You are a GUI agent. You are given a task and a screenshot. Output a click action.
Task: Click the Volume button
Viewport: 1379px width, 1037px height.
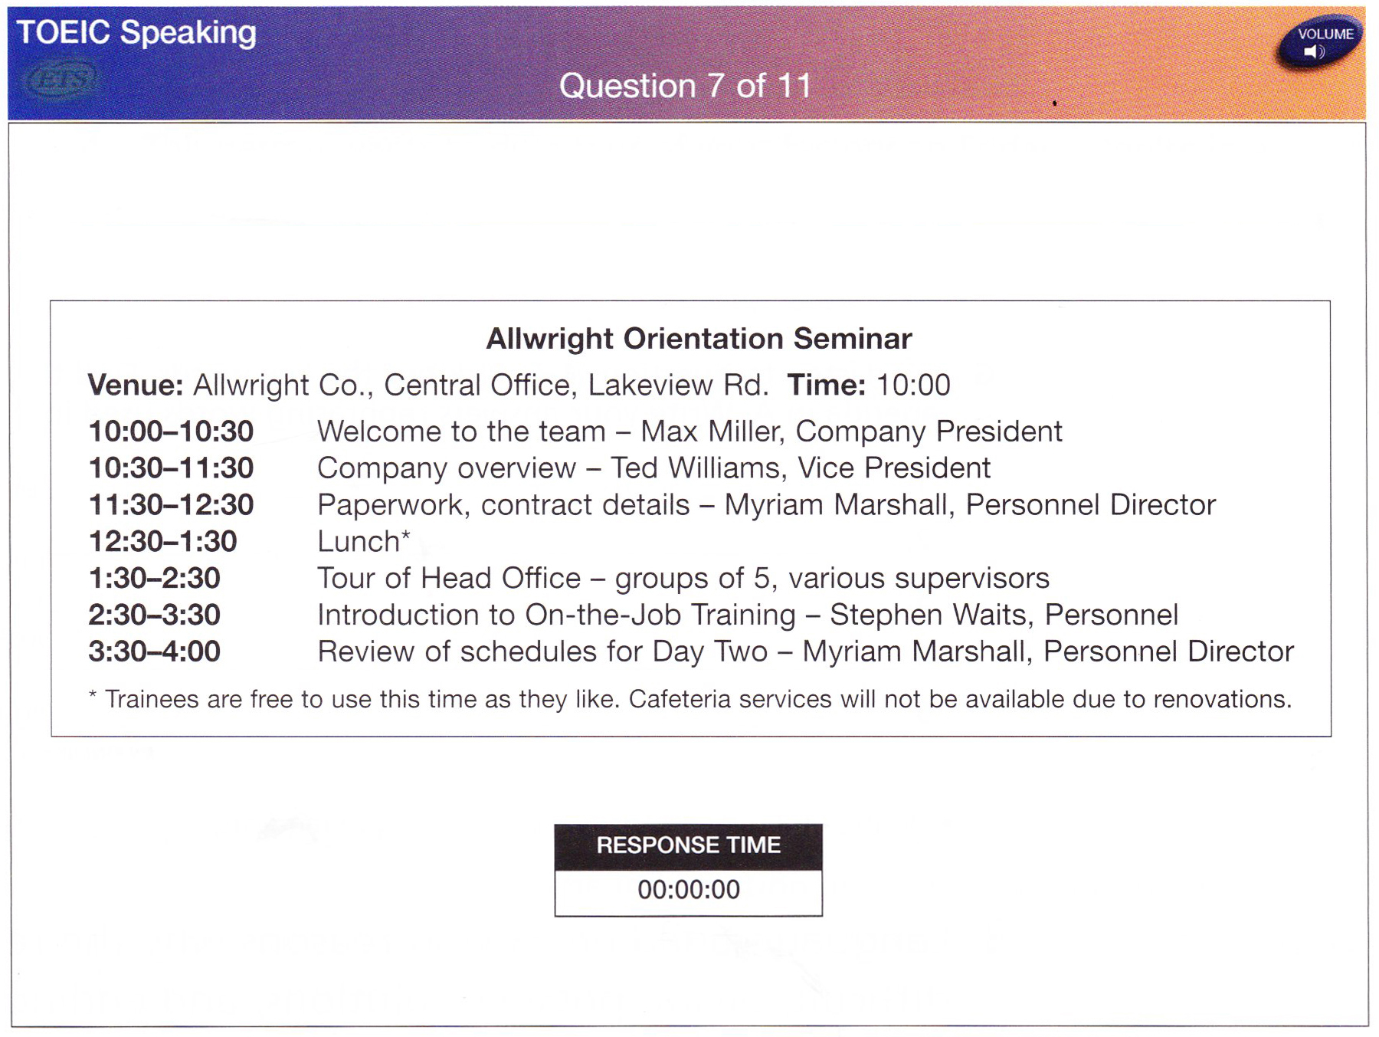tap(1319, 41)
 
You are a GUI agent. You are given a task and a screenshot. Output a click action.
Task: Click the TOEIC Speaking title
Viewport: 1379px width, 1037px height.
tap(136, 33)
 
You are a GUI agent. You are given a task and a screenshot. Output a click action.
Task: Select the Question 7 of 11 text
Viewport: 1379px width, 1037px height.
tap(685, 86)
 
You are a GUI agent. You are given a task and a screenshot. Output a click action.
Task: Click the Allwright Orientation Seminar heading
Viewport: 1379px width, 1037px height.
tap(699, 338)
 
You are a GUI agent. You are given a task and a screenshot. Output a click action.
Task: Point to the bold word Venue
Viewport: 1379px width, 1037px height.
tap(136, 385)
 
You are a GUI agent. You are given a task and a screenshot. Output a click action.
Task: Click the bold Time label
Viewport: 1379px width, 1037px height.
tap(826, 385)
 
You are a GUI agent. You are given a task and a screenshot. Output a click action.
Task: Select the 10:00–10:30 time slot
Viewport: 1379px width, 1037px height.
tap(171, 432)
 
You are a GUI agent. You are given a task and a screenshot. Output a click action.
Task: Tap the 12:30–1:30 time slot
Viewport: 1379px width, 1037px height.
tap(163, 542)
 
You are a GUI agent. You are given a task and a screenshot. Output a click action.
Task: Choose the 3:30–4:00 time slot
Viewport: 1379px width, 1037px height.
tap(155, 651)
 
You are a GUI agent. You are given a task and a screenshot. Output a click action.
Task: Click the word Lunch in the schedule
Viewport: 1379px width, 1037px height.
tap(359, 542)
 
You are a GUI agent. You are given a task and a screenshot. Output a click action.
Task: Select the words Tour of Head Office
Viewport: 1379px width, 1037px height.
tap(450, 579)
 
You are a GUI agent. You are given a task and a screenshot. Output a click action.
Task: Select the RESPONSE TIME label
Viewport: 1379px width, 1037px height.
tap(689, 845)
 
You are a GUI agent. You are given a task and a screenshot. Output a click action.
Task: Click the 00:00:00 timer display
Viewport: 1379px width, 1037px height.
tap(689, 890)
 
